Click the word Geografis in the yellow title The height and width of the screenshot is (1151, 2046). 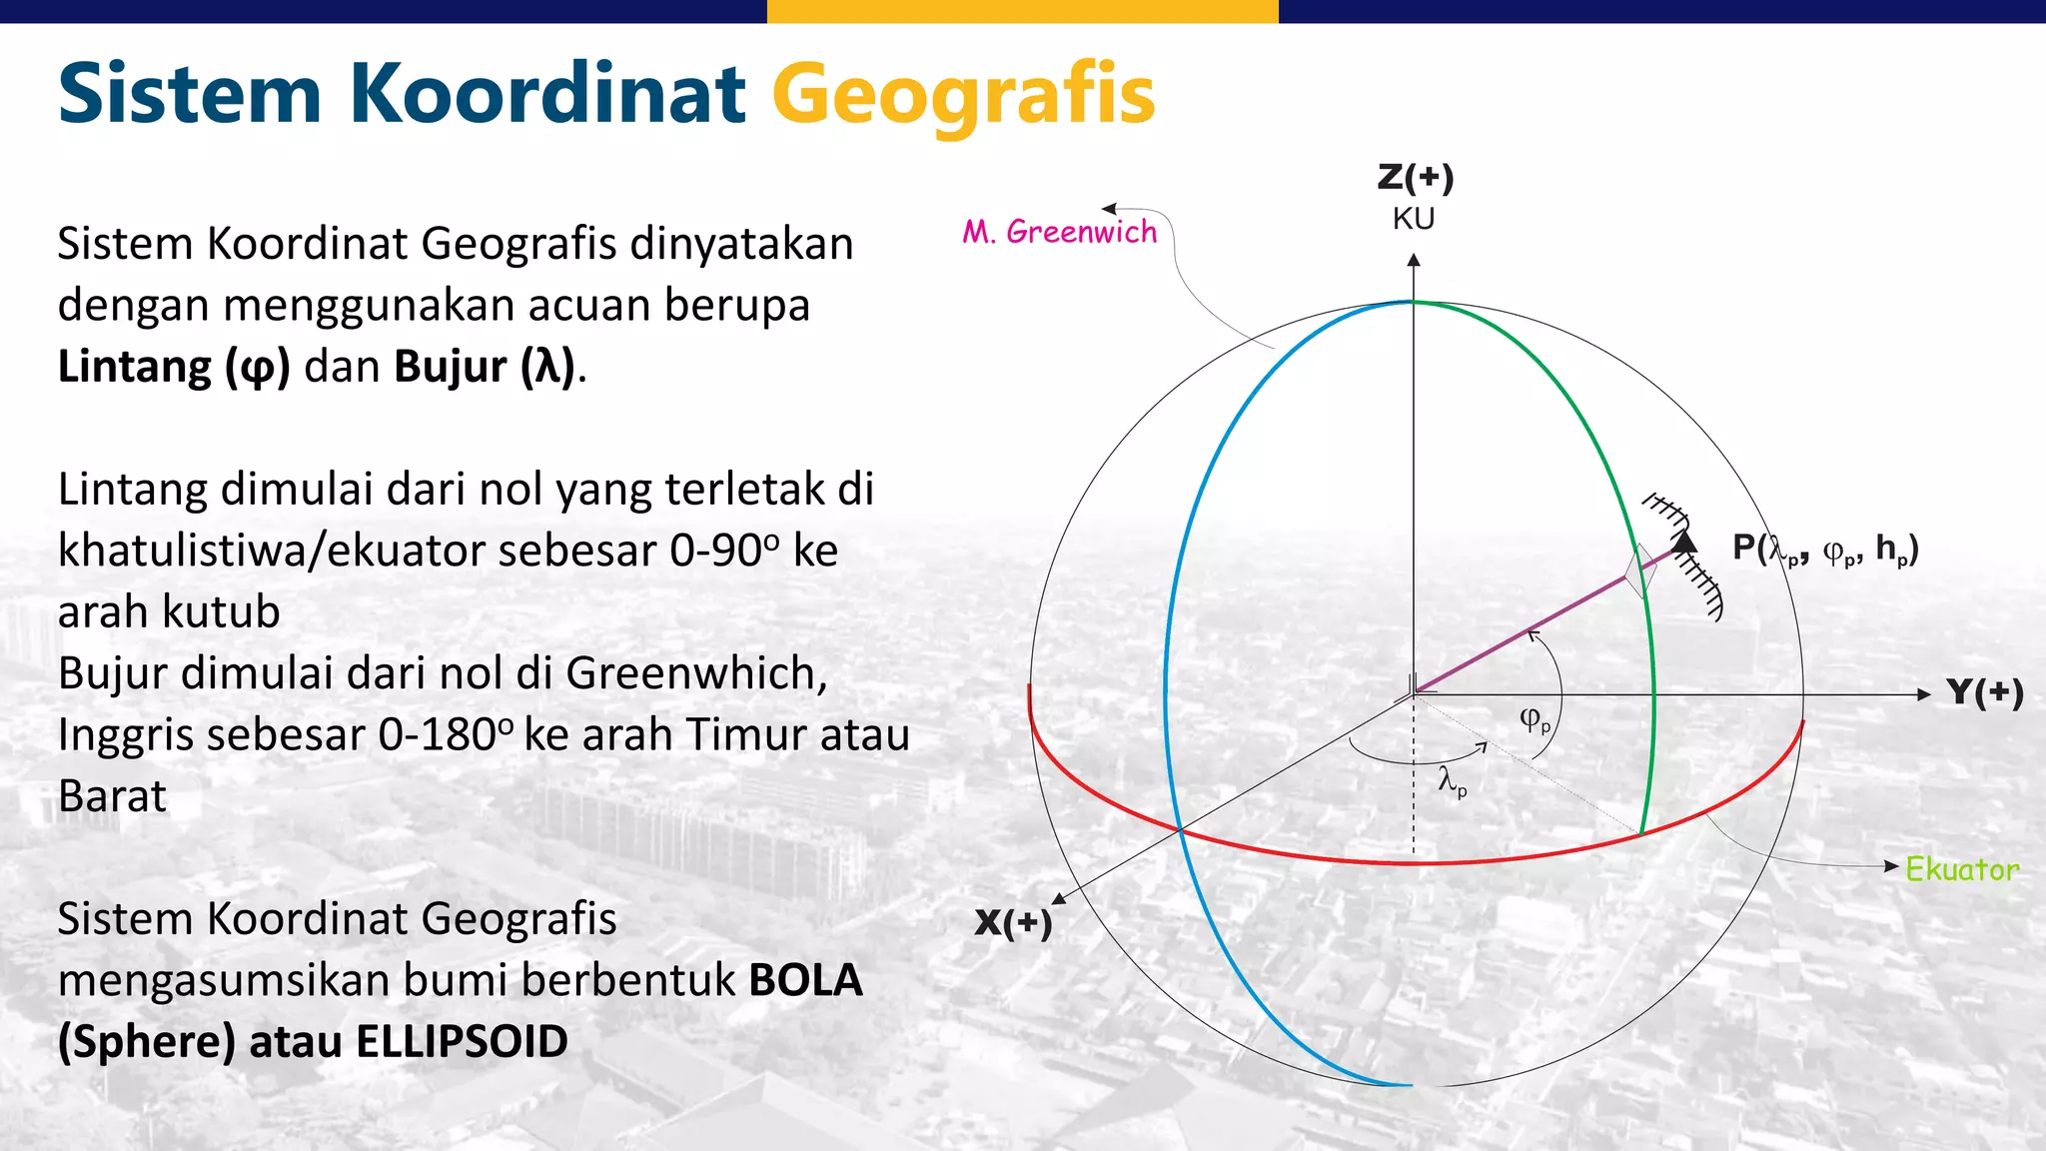click(x=963, y=95)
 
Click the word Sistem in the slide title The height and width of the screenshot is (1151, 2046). click(x=190, y=95)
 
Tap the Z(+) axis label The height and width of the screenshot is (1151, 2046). click(x=1415, y=178)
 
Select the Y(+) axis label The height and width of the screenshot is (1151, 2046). click(x=1984, y=692)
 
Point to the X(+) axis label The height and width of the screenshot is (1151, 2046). click(x=1013, y=922)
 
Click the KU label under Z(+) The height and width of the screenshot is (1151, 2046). click(x=1414, y=219)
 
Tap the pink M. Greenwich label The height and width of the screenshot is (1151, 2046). click(x=1059, y=232)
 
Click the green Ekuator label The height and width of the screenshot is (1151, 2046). click(x=1961, y=869)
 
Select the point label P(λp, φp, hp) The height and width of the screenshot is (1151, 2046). click(x=1825, y=549)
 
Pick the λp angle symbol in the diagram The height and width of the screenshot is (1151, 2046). click(x=1452, y=781)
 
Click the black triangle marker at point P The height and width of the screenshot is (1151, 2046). click(x=1684, y=542)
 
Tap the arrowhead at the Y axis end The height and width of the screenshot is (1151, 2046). click(x=1924, y=694)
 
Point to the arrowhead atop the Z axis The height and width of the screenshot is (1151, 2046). click(x=1414, y=261)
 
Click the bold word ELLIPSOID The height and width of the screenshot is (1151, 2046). click(x=462, y=1042)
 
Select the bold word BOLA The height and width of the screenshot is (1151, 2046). click(x=805, y=980)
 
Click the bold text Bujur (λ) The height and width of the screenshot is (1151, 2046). click(x=486, y=367)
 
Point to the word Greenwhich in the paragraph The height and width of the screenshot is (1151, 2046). click(x=695, y=673)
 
